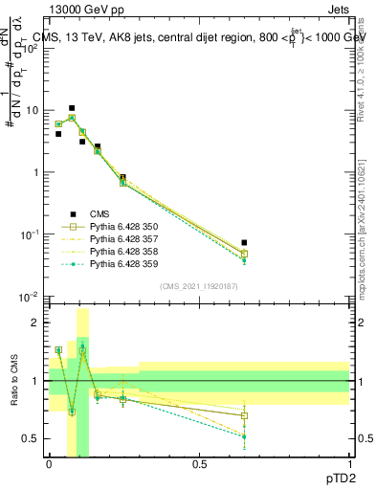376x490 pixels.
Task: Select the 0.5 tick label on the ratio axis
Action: [x=33, y=438]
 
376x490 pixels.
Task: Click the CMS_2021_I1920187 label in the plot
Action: [x=199, y=286]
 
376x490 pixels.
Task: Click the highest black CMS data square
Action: [x=72, y=108]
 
